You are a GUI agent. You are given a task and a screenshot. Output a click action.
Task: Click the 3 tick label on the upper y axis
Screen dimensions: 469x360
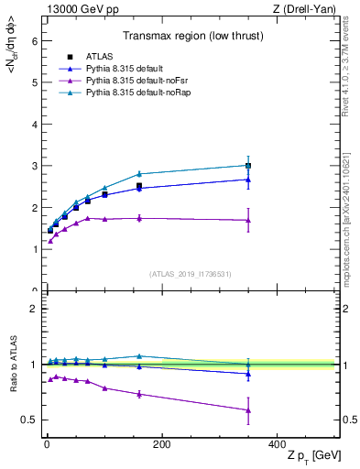[33, 167]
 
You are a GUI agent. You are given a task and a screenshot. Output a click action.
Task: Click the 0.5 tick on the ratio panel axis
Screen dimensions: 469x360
[28, 420]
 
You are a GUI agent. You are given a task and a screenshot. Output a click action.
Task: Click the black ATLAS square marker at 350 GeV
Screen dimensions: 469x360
[247, 166]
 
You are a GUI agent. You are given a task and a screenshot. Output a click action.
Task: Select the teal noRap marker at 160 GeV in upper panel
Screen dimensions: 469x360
[139, 173]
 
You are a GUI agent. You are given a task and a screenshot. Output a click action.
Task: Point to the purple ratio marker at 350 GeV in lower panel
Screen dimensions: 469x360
[247, 409]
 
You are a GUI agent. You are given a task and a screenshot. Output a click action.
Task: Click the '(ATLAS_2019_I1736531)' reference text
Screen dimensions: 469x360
[191, 274]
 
